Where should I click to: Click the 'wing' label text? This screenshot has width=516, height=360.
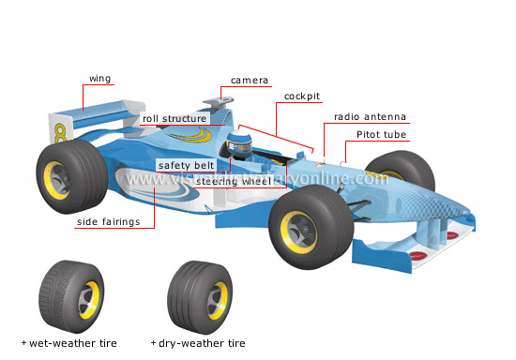click(100, 78)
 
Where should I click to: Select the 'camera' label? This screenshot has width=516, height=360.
click(250, 81)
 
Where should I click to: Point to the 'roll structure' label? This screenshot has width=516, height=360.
click(174, 119)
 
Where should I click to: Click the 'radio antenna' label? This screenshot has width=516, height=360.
click(371, 117)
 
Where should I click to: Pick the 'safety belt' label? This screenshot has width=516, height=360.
click(183, 165)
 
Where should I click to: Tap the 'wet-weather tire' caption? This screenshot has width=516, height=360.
click(73, 344)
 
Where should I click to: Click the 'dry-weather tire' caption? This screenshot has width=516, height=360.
click(202, 344)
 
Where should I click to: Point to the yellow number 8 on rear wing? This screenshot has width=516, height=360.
click(61, 130)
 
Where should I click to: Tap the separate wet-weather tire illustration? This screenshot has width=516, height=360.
click(68, 292)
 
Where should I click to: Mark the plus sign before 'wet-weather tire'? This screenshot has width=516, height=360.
click(23, 344)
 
